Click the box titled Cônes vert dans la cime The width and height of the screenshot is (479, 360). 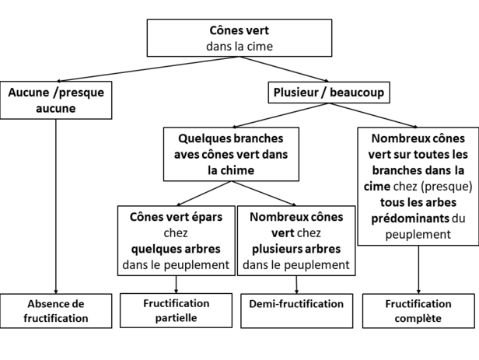click(x=239, y=38)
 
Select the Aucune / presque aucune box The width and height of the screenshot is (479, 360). click(x=56, y=100)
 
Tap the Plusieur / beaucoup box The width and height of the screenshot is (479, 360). click(x=329, y=93)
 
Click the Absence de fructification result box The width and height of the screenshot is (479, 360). click(x=56, y=311)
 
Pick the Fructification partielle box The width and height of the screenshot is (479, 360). click(x=176, y=310)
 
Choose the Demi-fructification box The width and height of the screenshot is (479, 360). click(x=296, y=311)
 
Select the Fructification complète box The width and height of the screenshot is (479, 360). click(x=418, y=311)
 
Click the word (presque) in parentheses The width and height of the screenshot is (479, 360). click(x=446, y=187)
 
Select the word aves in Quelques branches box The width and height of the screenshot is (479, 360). click(x=184, y=155)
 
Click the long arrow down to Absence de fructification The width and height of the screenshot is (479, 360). click(x=56, y=206)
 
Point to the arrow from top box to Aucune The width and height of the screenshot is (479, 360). click(x=148, y=69)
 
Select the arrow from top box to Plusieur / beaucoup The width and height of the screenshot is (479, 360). click(x=284, y=69)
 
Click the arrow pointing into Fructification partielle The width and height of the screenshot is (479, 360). click(x=176, y=285)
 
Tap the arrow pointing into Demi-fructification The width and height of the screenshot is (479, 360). click(x=296, y=285)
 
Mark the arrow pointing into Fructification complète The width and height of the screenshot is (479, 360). click(x=418, y=270)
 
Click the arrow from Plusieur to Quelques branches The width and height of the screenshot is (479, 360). click(x=281, y=115)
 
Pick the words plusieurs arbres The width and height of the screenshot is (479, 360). click(x=296, y=249)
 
